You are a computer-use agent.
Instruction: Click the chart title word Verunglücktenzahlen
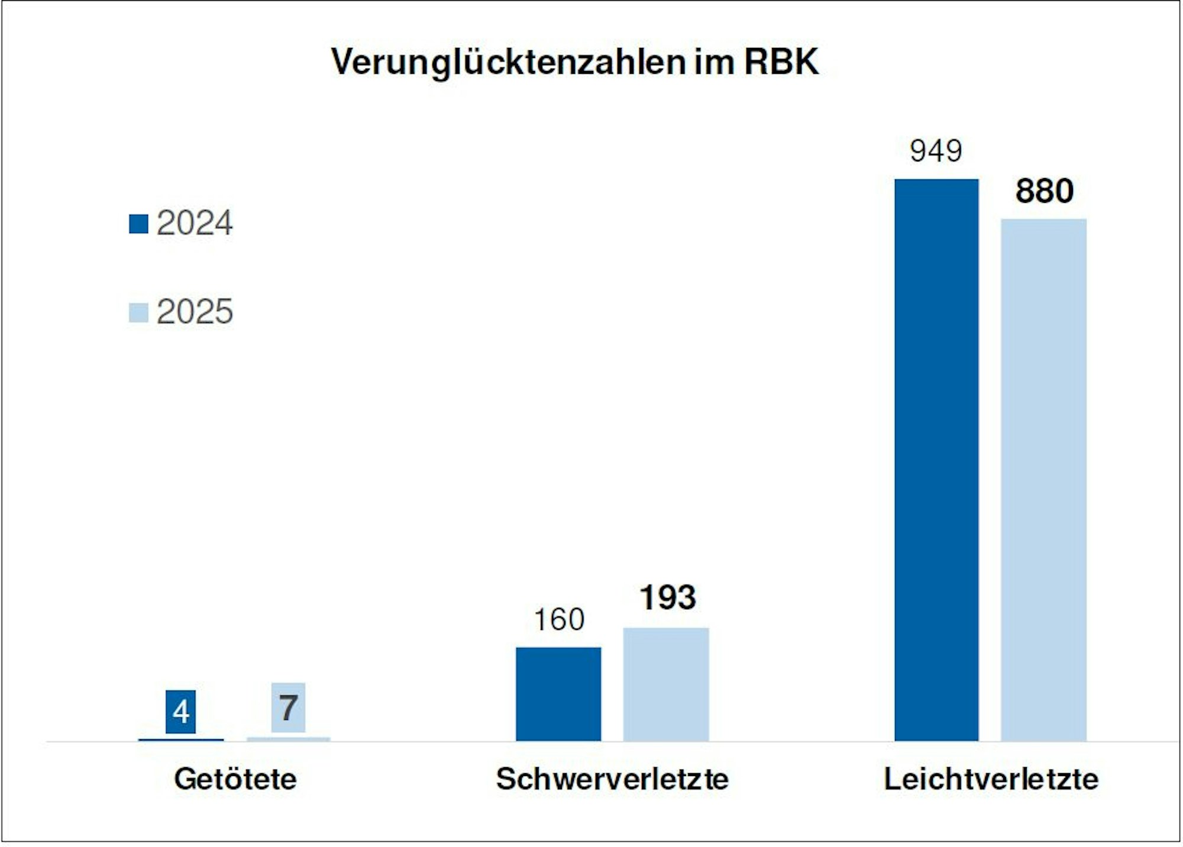(508, 62)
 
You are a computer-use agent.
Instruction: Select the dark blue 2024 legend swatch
(138, 224)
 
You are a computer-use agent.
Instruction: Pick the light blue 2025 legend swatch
(138, 312)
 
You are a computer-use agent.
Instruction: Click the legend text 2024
(195, 223)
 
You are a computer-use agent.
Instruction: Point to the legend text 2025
(195, 312)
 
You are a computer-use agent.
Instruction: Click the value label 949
(936, 151)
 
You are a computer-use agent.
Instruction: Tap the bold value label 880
(1044, 191)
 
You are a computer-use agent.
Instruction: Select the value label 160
(558, 619)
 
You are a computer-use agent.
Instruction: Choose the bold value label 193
(667, 597)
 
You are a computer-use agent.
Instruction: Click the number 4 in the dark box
(181, 712)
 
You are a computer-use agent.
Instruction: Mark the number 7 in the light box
(288, 707)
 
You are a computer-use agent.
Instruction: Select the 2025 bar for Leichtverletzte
(1043, 479)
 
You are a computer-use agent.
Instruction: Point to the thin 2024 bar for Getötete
(181, 739)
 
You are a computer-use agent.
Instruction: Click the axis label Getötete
(235, 778)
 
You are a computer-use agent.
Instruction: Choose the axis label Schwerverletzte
(612, 778)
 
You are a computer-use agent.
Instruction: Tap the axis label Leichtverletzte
(991, 778)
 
